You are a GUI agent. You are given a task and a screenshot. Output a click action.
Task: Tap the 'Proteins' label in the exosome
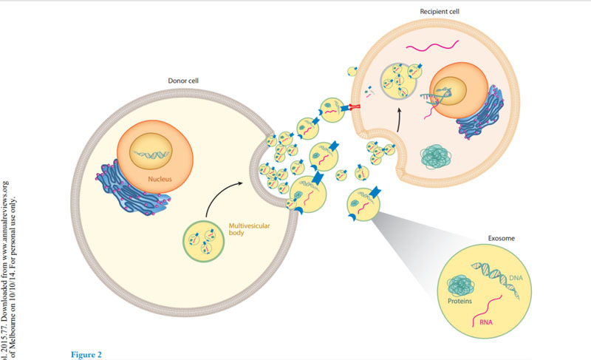pyautogui.click(x=462, y=302)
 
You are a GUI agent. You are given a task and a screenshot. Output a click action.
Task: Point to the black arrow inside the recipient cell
pyautogui.click(x=399, y=118)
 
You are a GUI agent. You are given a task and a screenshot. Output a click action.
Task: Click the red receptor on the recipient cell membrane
pyautogui.click(x=354, y=107)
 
